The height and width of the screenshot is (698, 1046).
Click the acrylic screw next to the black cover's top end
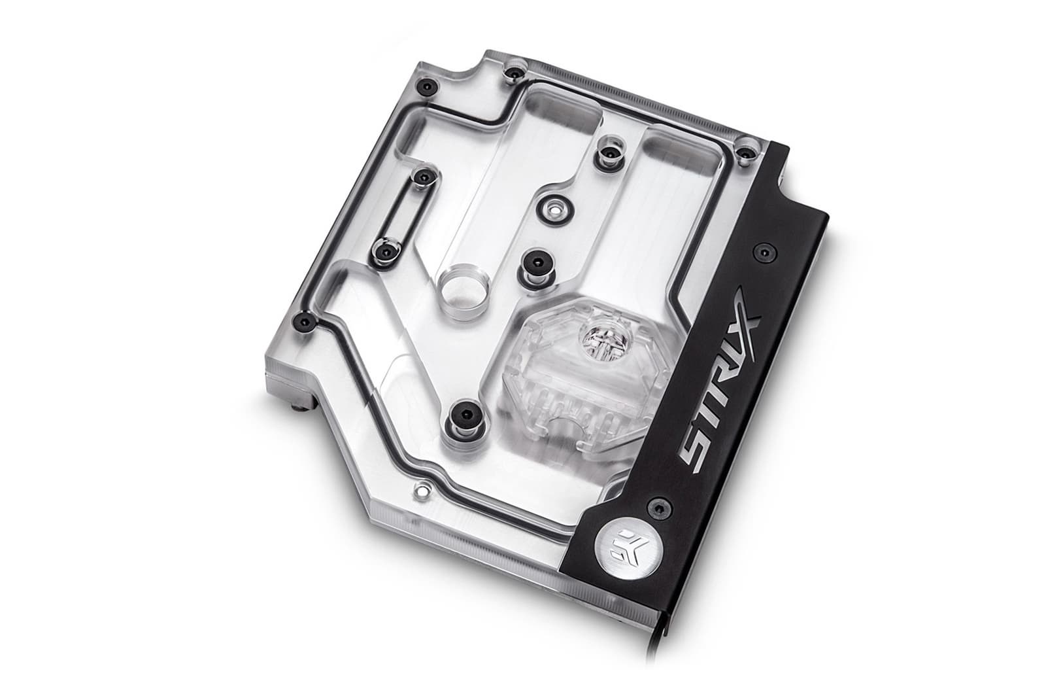tap(743, 154)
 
